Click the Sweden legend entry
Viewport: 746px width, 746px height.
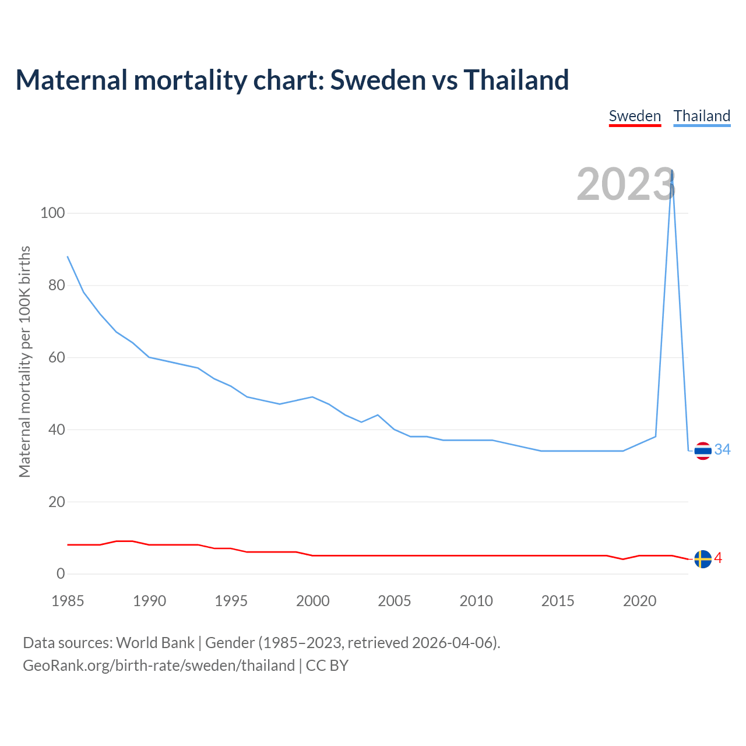(635, 116)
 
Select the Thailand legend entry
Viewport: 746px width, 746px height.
(702, 116)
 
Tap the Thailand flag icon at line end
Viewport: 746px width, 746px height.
(703, 451)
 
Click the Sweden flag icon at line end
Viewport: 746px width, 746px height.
(703, 559)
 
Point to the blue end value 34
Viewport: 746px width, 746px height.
(723, 449)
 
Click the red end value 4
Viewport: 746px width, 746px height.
(718, 558)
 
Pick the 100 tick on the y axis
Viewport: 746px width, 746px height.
(52, 213)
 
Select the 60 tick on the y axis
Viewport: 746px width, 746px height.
(57, 357)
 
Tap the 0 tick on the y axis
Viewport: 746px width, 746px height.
(61, 574)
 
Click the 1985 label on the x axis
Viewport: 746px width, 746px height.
(68, 601)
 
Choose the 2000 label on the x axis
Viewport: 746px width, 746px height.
(313, 601)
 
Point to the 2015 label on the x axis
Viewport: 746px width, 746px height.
(558, 601)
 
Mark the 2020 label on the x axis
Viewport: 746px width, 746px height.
(640, 601)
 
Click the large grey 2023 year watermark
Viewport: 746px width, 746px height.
(626, 184)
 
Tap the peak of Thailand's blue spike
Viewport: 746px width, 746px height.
(673, 171)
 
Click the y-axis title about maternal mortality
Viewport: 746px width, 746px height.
(24, 361)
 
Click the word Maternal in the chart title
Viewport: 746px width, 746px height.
(71, 80)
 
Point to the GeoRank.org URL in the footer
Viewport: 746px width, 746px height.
(159, 666)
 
